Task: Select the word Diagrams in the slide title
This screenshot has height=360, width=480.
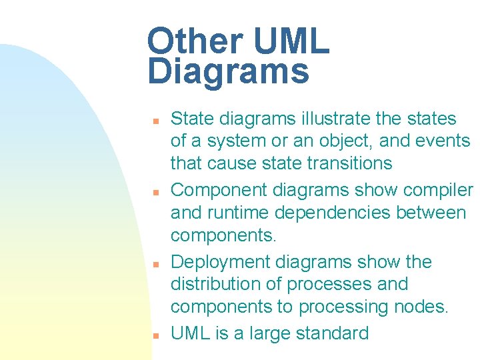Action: coord(229,72)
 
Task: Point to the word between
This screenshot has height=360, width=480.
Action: coord(434,213)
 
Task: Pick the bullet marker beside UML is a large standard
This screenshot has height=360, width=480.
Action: coord(154,335)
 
